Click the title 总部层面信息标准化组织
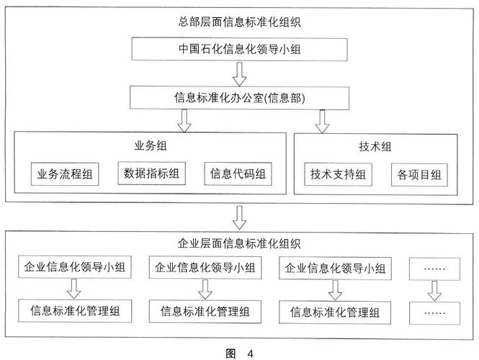(x=238, y=22)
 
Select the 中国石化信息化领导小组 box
(x=238, y=50)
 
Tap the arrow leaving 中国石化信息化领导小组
(x=240, y=73)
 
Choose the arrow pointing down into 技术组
(x=322, y=120)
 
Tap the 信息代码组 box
(x=237, y=174)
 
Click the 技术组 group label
(x=375, y=146)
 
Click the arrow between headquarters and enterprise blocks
(x=240, y=215)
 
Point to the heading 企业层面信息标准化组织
(x=238, y=243)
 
